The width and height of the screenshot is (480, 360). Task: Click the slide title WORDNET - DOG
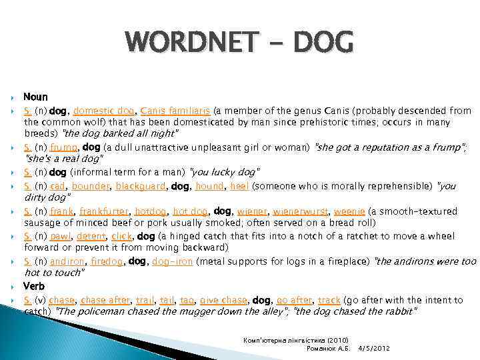tap(240, 43)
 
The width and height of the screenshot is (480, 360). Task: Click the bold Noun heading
tap(35, 98)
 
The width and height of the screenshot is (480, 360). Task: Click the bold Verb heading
tap(35, 286)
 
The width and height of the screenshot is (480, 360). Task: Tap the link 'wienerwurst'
tap(295, 211)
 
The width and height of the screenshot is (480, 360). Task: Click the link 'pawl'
tap(62, 236)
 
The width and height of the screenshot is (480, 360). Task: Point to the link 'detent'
tap(91, 236)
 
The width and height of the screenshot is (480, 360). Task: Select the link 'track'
tap(329, 300)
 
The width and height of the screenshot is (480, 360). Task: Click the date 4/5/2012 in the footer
tap(374, 348)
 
